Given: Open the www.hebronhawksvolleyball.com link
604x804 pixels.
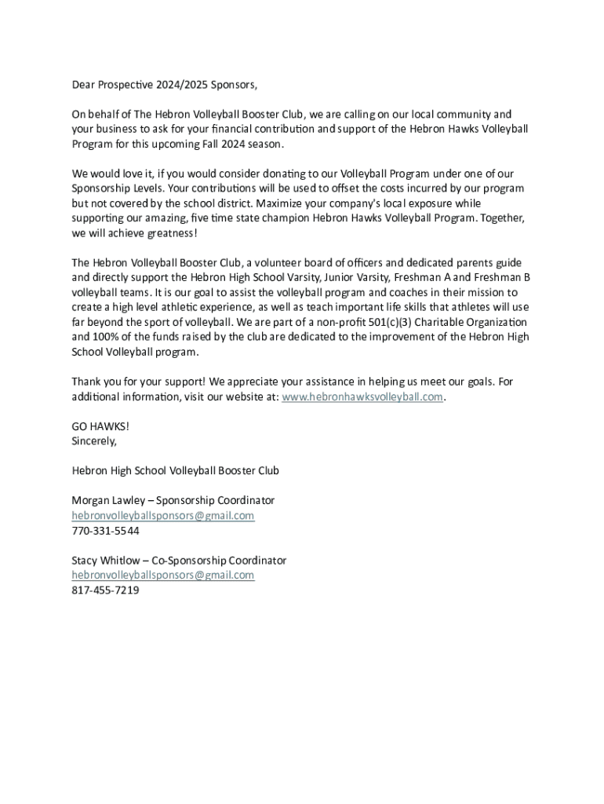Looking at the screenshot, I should click(362, 397).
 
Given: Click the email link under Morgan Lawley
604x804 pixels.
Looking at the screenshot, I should click(163, 515).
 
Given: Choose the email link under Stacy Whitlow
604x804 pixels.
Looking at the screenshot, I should click(163, 575).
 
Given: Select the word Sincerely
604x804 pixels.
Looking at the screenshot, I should click(94, 440).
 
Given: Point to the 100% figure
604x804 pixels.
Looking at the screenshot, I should click(106, 337).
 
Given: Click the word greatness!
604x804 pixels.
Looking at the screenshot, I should click(173, 233).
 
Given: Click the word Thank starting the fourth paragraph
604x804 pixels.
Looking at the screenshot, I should click(87, 382).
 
